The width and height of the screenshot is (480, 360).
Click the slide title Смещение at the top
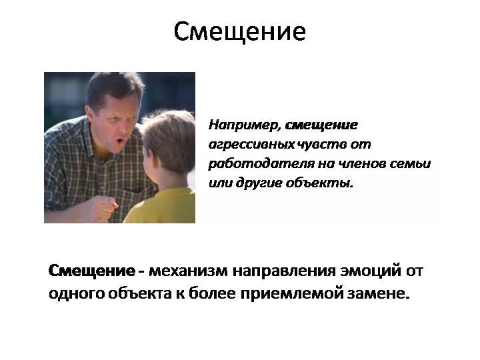click(240, 31)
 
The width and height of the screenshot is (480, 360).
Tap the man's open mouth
click(120, 141)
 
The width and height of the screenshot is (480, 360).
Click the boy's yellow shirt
click(161, 206)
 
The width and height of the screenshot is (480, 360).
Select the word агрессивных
click(251, 144)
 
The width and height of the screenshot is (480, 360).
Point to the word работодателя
click(261, 164)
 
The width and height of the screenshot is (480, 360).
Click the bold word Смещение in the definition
click(91, 271)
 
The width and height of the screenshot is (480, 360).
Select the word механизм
click(188, 271)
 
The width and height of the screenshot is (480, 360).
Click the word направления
click(284, 271)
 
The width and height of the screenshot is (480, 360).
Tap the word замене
click(378, 294)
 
